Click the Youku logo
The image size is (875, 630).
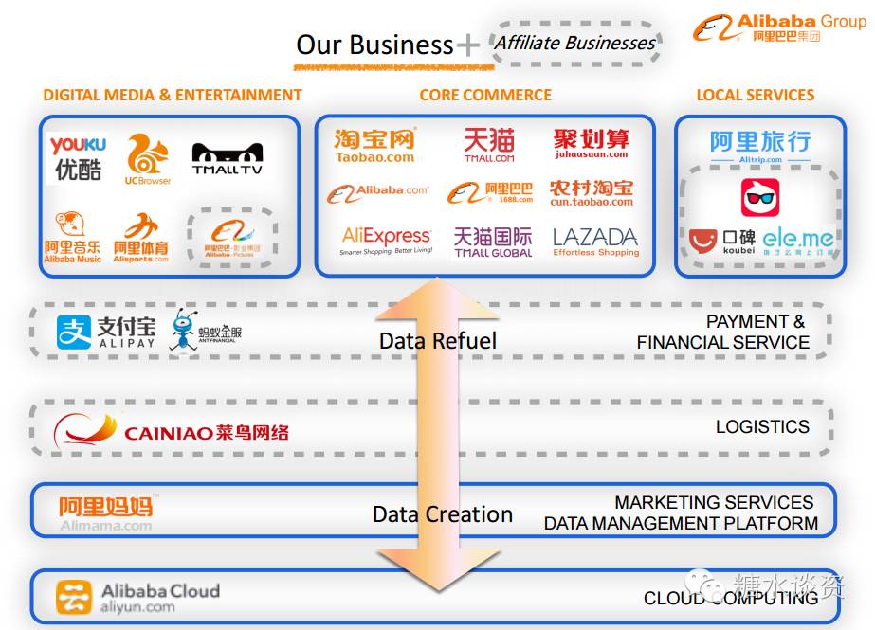point(78,157)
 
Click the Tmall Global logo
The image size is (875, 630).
point(492,242)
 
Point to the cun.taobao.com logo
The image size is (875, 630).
point(591,192)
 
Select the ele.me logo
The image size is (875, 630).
point(798,241)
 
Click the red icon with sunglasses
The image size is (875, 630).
point(759,198)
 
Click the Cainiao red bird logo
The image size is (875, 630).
point(85,432)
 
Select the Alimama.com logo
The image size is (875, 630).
point(105,512)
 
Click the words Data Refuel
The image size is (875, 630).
point(437,340)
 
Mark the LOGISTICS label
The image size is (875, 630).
point(762,427)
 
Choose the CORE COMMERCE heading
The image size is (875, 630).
point(485,95)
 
